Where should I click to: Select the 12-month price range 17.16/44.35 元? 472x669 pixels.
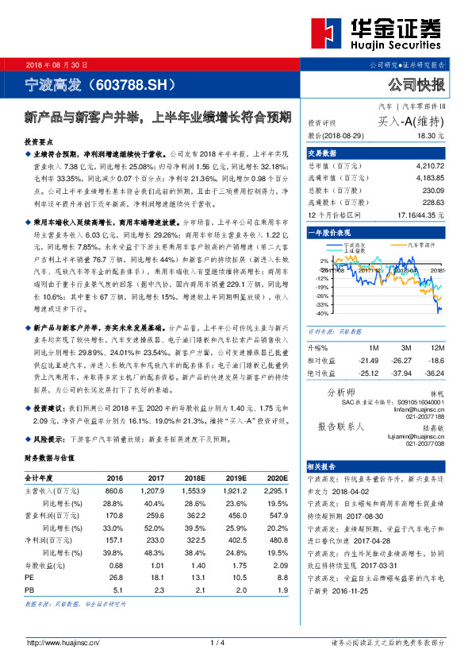(x=418, y=215)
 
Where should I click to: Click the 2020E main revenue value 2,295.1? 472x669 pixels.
(x=273, y=492)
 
